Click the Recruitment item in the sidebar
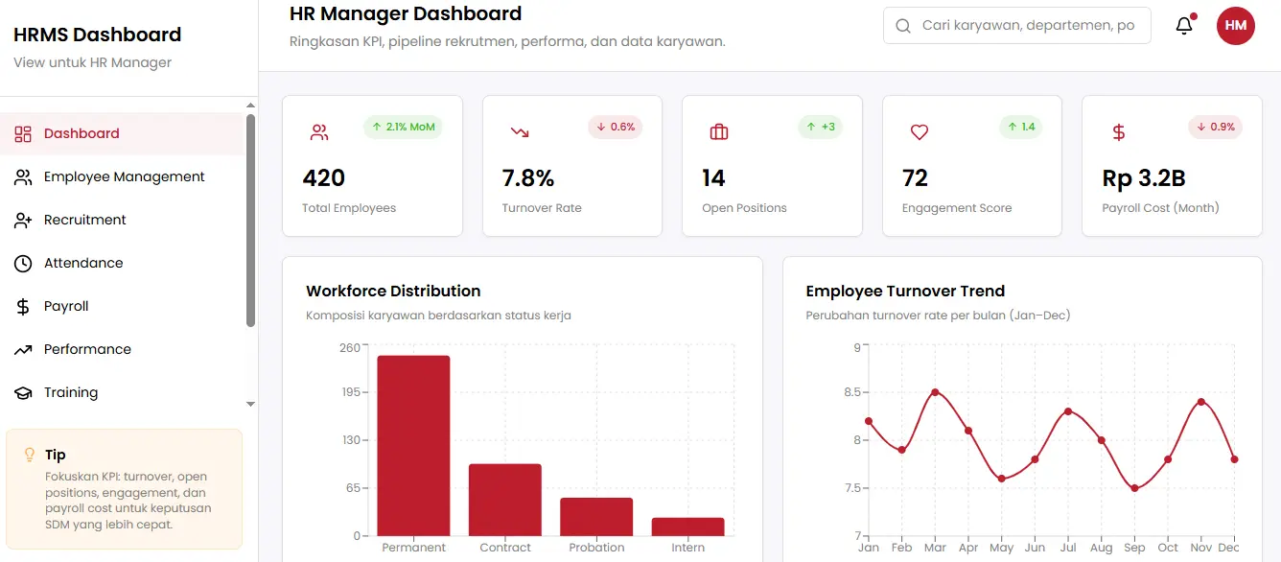[x=84, y=220]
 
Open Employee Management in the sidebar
[x=124, y=176]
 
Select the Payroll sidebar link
[x=65, y=306]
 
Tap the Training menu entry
[x=70, y=392]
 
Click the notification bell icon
[x=1184, y=26]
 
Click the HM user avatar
[x=1235, y=26]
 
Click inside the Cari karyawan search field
[x=1026, y=26]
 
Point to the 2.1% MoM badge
[x=403, y=127]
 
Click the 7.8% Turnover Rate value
[x=528, y=178]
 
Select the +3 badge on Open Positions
[x=820, y=127]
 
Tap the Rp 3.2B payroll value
[x=1144, y=178]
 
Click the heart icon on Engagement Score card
[x=919, y=132]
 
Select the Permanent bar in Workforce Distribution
[x=413, y=445]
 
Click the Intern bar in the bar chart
[x=687, y=527]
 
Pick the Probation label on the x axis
[x=596, y=548]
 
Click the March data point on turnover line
[x=935, y=392]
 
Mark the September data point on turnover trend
[x=1134, y=488]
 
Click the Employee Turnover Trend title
[x=904, y=292]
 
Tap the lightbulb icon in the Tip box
[x=30, y=455]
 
